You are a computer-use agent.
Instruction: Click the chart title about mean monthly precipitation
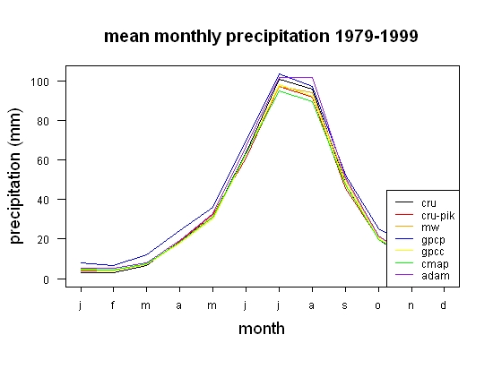261,36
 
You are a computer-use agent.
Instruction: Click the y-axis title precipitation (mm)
15,176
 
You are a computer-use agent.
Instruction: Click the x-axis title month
262,329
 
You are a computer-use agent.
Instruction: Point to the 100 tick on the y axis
40,82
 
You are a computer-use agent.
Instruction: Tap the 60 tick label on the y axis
43,161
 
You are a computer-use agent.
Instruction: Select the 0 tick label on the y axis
47,279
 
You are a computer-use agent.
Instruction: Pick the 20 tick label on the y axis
43,240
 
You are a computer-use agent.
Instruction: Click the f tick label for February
113,305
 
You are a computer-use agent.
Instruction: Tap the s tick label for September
345,305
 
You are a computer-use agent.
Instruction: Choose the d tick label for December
443,305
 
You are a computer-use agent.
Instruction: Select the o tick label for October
378,305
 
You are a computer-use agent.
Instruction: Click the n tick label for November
411,305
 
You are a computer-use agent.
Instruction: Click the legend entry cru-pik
438,216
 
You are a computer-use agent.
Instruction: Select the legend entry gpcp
433,240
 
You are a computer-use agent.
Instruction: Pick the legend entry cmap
435,264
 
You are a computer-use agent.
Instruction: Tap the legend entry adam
436,276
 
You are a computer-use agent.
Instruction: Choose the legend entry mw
430,227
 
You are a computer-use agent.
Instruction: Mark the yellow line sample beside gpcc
404,250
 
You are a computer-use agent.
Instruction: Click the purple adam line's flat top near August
296,77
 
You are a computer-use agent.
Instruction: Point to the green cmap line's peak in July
279,91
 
